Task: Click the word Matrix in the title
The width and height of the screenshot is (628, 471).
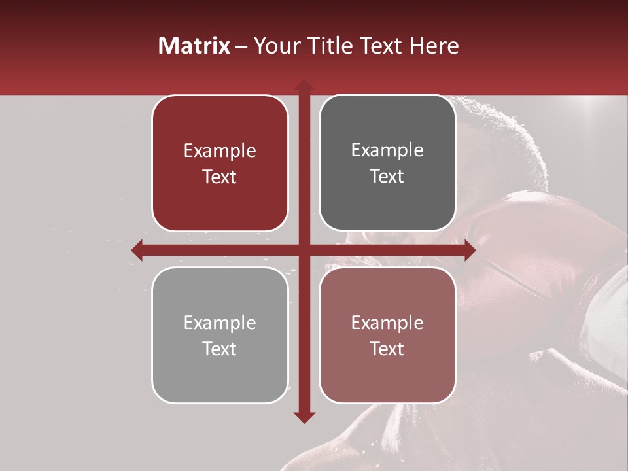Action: (194, 46)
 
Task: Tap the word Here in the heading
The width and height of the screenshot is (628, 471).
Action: (434, 46)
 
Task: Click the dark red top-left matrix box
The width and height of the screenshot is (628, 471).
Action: (220, 164)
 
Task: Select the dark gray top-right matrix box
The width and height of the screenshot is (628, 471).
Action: (387, 164)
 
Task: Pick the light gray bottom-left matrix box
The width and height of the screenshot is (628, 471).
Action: (220, 335)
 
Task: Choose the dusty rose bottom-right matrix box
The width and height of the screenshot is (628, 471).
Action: (387, 335)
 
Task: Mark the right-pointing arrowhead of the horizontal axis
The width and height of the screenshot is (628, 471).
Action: (469, 250)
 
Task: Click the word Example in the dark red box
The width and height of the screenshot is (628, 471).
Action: (220, 151)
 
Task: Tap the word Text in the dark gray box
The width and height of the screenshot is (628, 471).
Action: (387, 177)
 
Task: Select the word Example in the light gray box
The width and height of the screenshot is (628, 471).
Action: (220, 323)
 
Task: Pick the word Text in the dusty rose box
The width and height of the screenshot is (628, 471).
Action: (387, 349)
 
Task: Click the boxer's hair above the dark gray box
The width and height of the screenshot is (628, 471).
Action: (497, 124)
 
